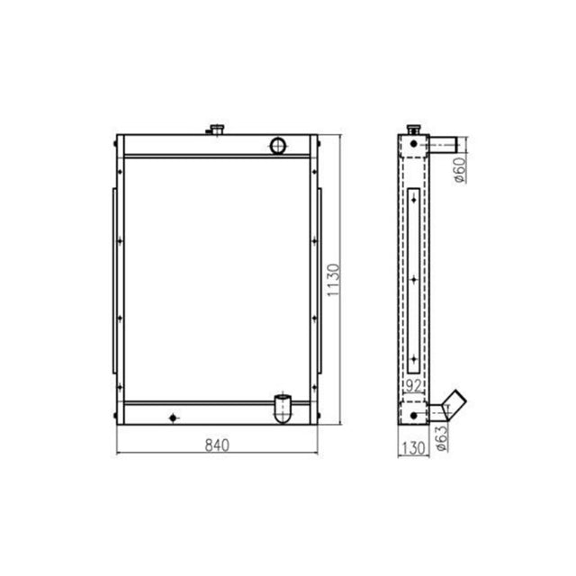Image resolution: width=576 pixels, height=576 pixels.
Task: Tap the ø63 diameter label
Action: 440,434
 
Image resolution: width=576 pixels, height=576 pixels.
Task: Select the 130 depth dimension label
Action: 411,446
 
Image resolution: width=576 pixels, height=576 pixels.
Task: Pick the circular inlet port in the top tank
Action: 279,144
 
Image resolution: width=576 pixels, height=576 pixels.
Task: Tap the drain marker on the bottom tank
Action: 174,415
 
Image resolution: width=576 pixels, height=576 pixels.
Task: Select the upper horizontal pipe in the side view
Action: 443,143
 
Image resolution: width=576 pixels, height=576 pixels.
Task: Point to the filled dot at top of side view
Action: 413,143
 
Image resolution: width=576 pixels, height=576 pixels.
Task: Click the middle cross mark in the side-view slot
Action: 413,280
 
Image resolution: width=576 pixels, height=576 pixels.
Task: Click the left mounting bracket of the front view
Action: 113,279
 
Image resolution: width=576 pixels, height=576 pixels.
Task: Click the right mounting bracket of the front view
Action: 319,279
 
